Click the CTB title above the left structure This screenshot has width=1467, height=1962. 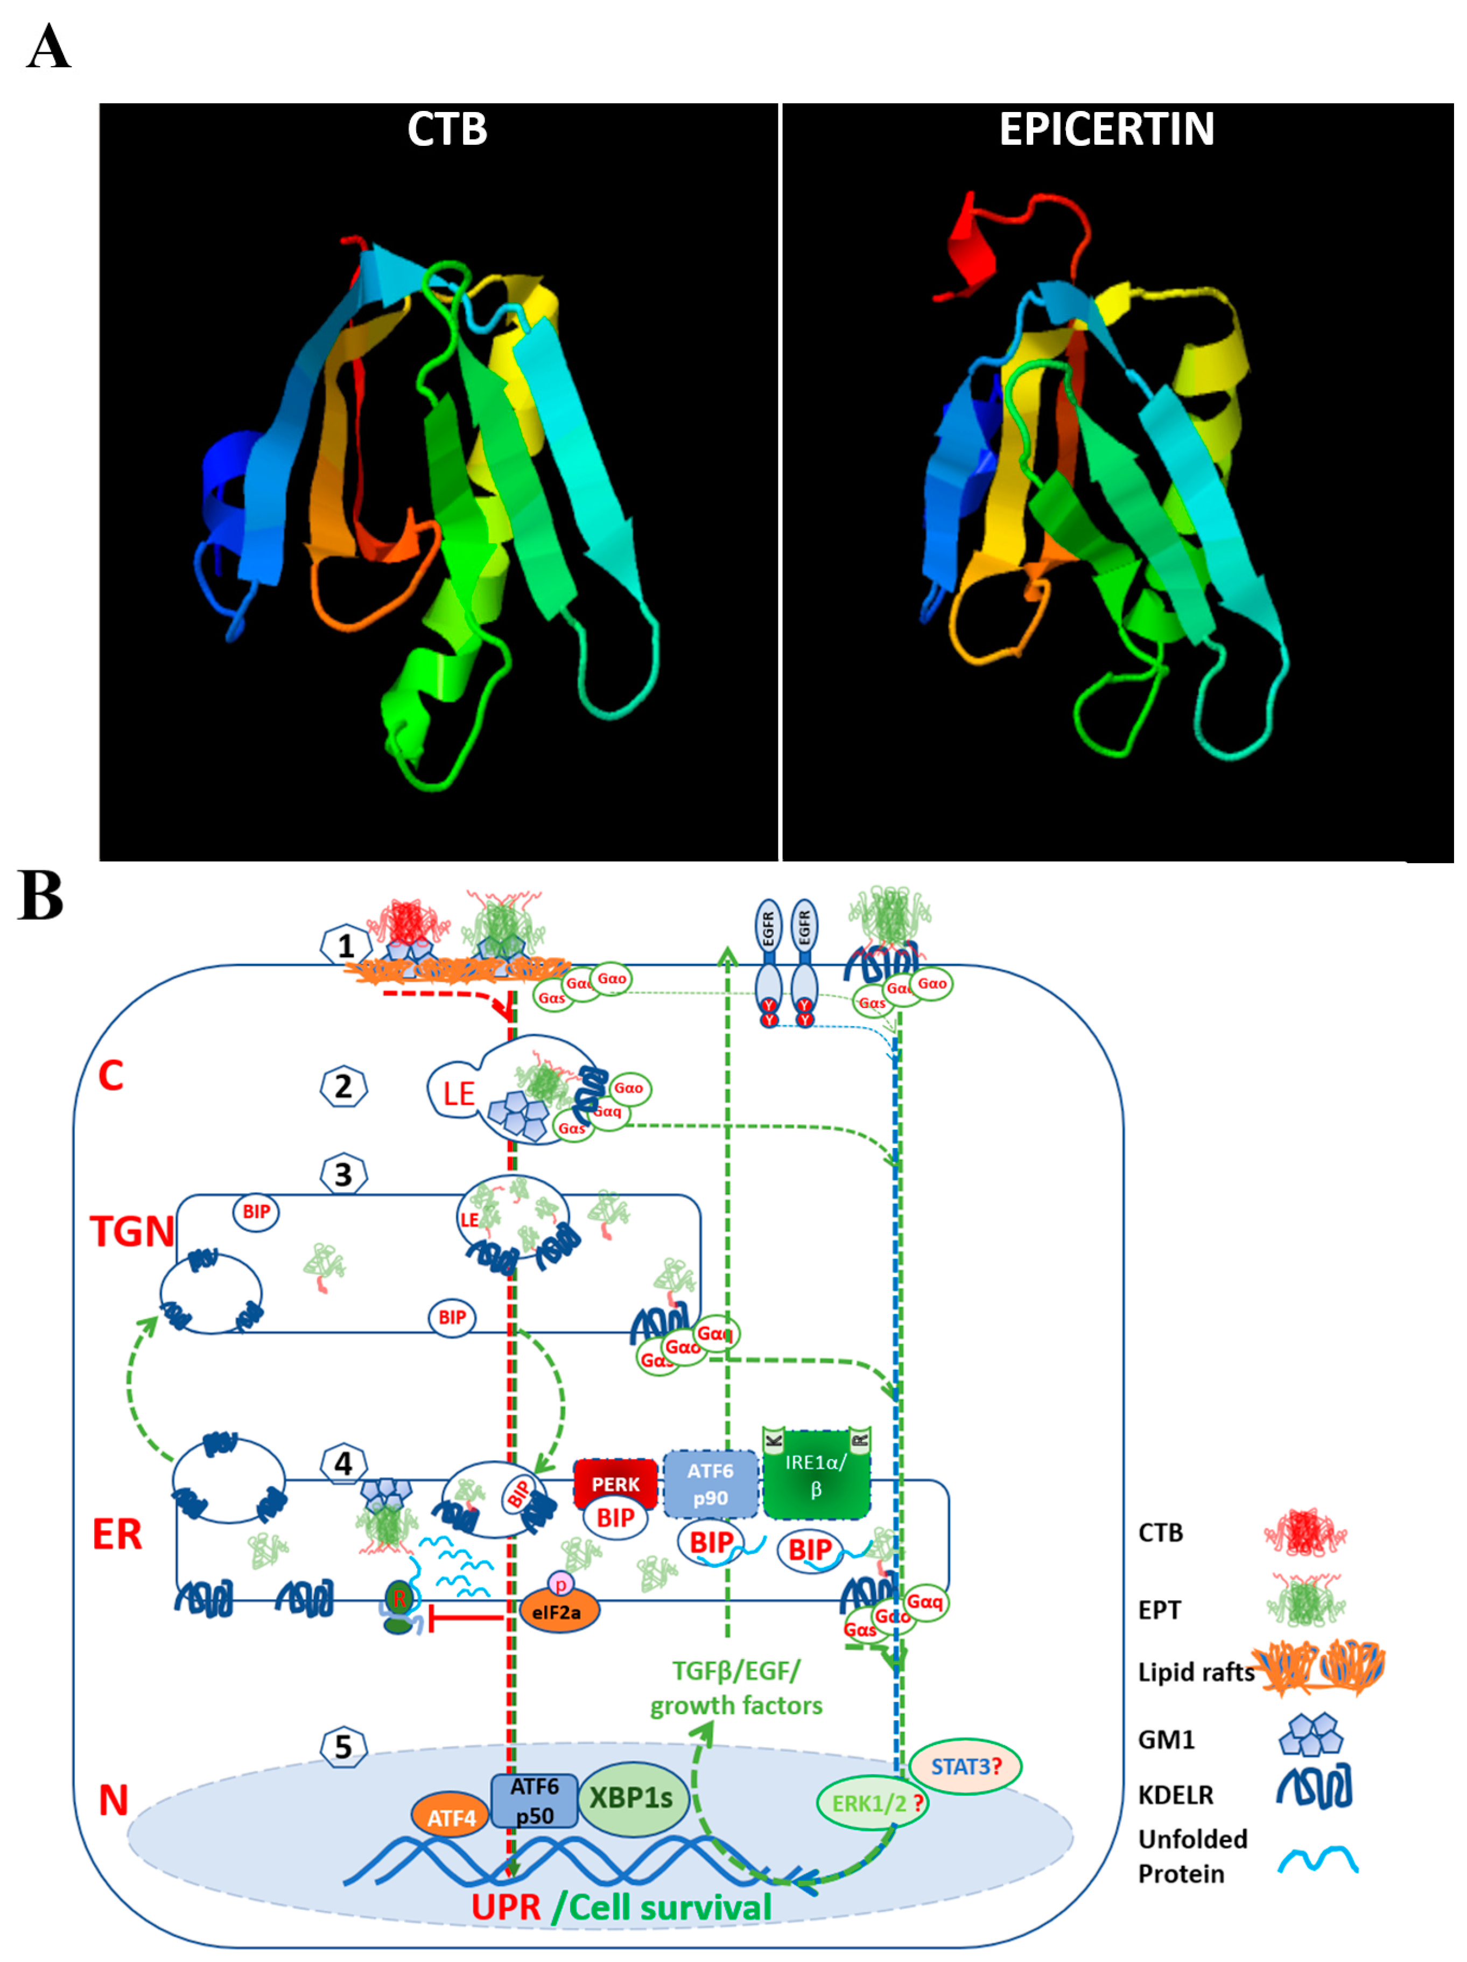(446, 130)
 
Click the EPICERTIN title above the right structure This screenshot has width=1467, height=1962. (1106, 130)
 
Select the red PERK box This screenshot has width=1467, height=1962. (615, 1484)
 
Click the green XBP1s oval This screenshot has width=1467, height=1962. (631, 1798)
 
